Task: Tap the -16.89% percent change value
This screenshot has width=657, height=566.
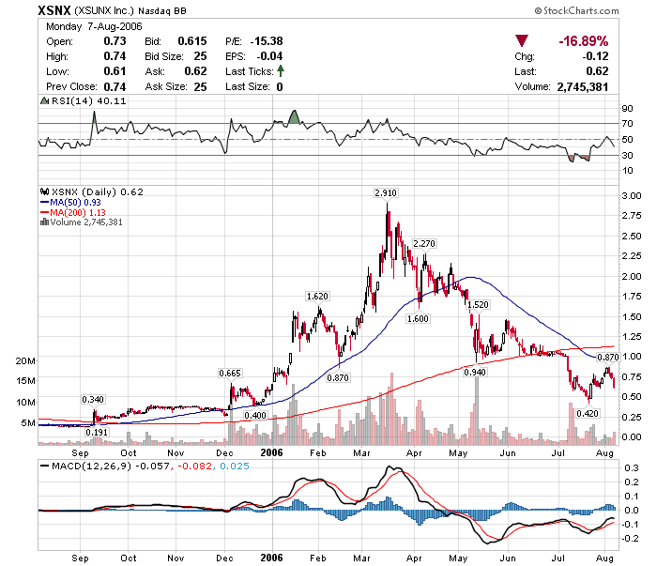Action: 583,42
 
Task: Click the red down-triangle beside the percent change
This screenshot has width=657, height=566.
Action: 522,41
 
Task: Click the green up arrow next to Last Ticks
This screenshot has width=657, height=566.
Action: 281,71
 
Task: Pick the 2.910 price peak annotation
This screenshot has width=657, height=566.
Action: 385,192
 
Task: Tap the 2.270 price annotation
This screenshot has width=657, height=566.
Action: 424,244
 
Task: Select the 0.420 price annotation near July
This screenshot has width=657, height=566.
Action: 588,414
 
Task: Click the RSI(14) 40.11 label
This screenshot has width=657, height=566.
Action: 75,100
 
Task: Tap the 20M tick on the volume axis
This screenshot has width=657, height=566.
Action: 25,360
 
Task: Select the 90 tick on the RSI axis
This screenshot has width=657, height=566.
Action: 626,109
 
